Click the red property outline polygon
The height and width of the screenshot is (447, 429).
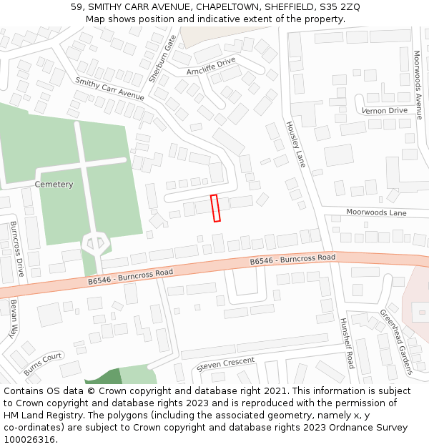tap(215, 207)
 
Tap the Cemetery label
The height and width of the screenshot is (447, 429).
tap(54, 185)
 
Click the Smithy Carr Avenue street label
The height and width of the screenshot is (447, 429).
tap(109, 89)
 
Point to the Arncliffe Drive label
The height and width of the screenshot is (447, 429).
tap(211, 67)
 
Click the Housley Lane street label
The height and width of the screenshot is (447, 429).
tap(295, 144)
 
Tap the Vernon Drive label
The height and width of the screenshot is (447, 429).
tap(385, 111)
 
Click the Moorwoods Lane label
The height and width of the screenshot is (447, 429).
tap(376, 212)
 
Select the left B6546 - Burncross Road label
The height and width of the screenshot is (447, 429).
tap(131, 277)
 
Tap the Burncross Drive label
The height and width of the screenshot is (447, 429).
tap(17, 250)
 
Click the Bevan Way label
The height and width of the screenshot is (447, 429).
tap(14, 318)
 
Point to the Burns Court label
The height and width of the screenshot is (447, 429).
tap(43, 364)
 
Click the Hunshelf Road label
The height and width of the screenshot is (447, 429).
tap(347, 343)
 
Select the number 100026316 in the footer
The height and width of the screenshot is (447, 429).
tap(30, 440)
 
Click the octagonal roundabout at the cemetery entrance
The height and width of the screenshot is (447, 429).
tap(94, 244)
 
